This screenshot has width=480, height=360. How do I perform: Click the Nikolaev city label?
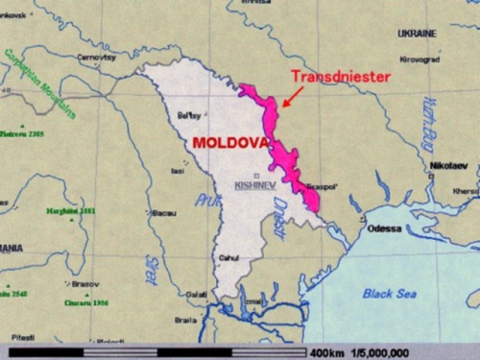tap(448, 165)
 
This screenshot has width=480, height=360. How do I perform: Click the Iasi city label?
tap(178, 171)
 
